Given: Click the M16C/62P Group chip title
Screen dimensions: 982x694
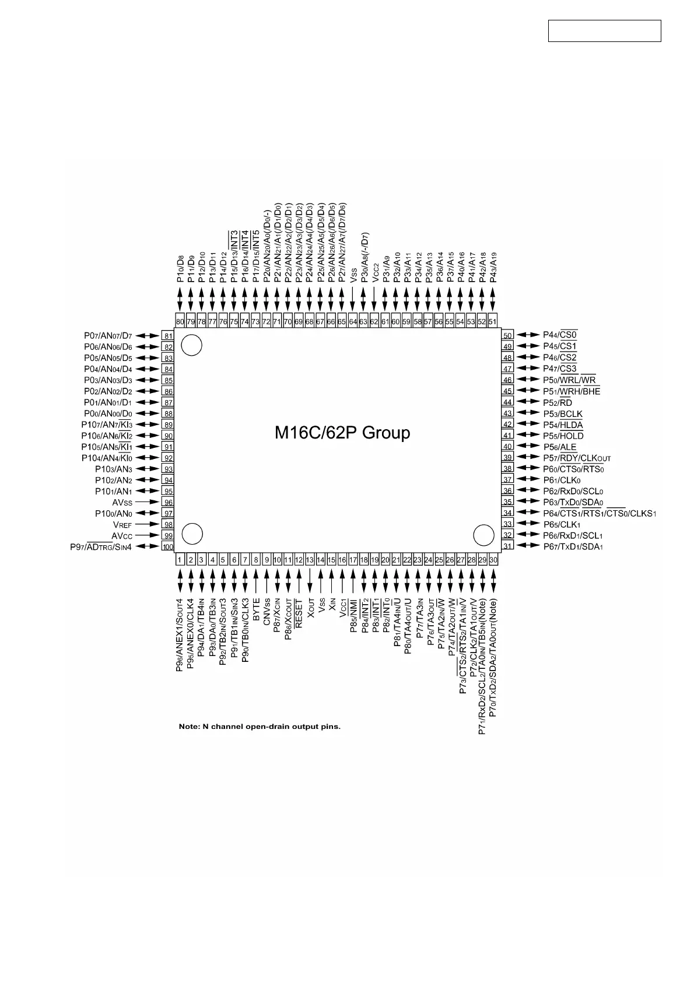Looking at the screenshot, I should click(x=342, y=433).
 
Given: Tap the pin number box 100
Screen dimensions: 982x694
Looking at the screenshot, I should click(x=168, y=546).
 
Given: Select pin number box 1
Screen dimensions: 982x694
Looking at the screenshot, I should click(x=180, y=560).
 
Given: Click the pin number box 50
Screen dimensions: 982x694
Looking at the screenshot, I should click(x=507, y=335).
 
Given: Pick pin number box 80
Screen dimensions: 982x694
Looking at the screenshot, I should click(x=180, y=321).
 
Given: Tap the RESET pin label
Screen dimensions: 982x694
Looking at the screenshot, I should click(x=299, y=613).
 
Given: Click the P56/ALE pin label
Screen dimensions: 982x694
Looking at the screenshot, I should click(x=559, y=447).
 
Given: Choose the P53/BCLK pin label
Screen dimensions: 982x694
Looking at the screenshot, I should click(x=562, y=413).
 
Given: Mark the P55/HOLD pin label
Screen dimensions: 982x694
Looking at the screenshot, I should click(x=563, y=436).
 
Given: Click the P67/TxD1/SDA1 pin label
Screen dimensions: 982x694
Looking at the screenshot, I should click(x=573, y=546).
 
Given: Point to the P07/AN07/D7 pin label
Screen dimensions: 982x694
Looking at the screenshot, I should click(x=108, y=336).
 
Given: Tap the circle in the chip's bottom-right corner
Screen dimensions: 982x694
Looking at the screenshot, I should click(x=483, y=534).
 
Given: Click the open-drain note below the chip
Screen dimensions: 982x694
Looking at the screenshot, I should click(x=260, y=727).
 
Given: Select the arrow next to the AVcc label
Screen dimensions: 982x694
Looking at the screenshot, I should click(x=151, y=536).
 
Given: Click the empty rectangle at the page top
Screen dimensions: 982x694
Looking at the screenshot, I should click(x=604, y=31).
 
